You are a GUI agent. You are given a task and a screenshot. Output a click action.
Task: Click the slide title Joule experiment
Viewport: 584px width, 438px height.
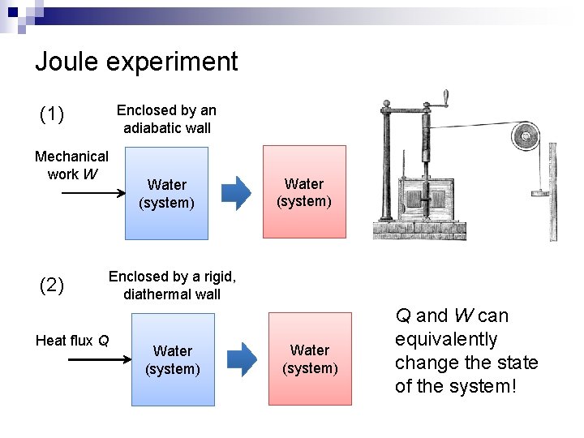(x=136, y=62)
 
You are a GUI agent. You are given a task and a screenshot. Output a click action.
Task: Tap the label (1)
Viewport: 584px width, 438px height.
(x=52, y=114)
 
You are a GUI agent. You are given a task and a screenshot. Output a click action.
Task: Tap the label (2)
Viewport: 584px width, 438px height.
(x=52, y=285)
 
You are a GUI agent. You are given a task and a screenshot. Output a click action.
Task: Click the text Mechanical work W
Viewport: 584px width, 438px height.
(x=71, y=165)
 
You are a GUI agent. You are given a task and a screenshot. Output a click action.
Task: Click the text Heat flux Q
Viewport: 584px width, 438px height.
(x=72, y=341)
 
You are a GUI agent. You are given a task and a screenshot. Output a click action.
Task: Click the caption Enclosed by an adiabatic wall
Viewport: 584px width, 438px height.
(x=167, y=118)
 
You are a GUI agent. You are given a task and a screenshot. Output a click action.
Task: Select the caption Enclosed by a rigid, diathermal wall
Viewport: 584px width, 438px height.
(x=172, y=286)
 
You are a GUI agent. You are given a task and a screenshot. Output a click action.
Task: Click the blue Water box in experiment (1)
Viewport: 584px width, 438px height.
(x=167, y=194)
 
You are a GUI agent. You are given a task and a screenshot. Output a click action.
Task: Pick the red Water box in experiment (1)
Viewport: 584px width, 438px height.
(x=304, y=192)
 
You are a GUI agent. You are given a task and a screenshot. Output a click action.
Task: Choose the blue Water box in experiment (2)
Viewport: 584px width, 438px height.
(x=173, y=359)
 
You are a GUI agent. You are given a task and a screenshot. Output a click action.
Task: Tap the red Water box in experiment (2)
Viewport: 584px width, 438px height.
(x=310, y=359)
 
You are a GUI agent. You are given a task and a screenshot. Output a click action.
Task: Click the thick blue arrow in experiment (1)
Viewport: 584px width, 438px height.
(x=237, y=193)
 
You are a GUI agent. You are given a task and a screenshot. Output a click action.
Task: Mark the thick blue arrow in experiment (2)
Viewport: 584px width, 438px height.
(x=242, y=359)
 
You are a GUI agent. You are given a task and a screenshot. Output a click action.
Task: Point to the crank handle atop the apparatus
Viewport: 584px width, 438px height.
(x=445, y=97)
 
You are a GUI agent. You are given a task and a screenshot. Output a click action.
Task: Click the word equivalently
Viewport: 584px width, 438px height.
(x=446, y=339)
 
